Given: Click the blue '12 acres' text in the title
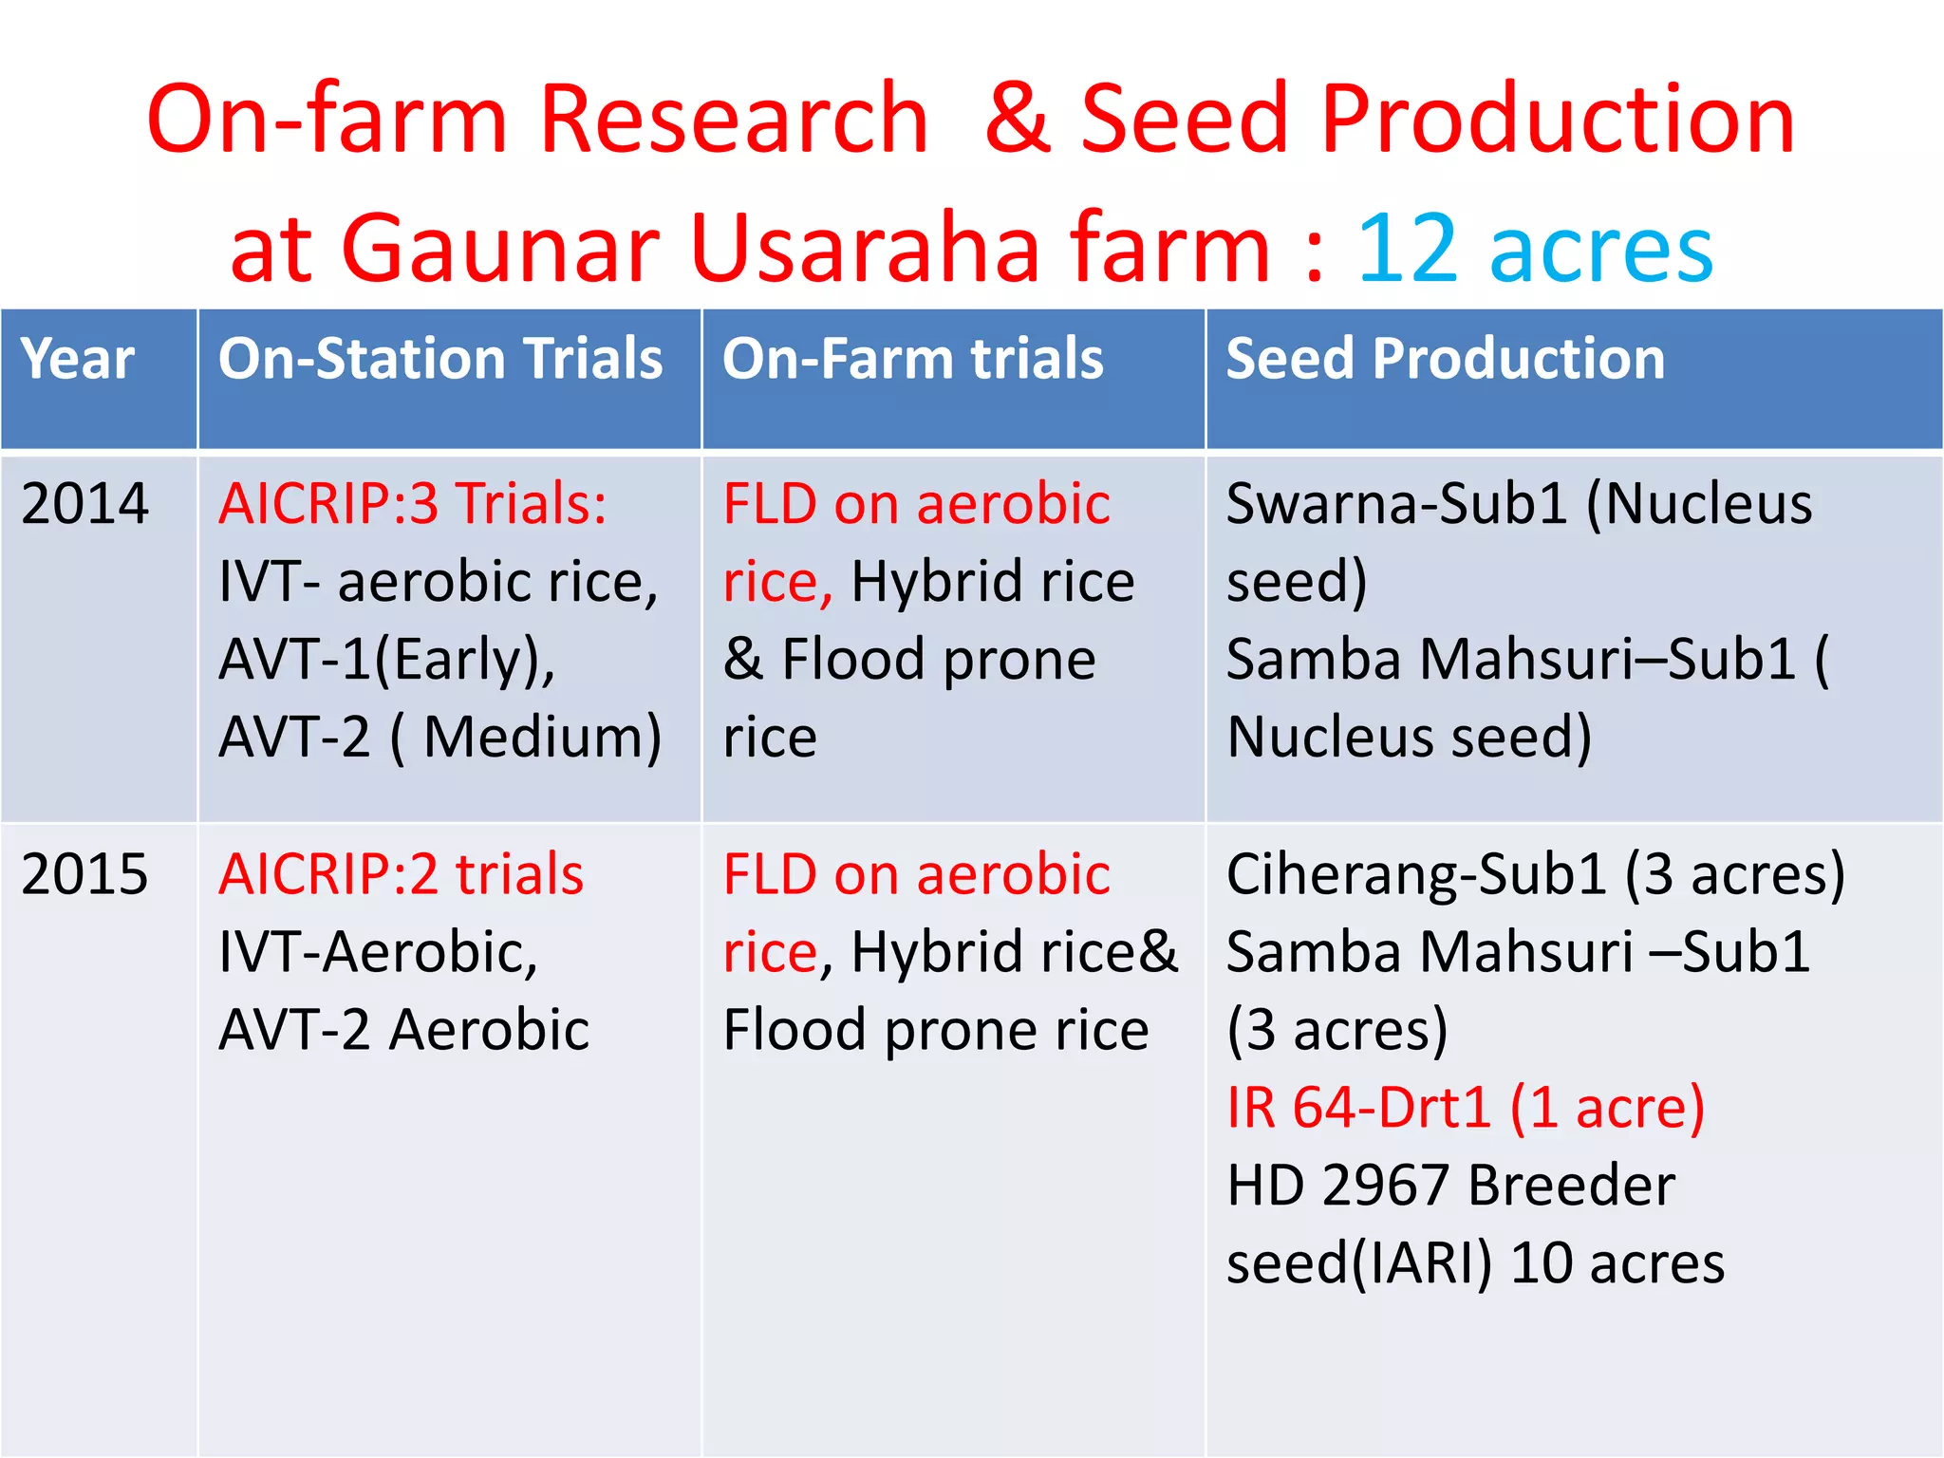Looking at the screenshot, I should click(x=1535, y=249).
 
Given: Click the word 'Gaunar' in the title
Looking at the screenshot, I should click(x=500, y=249).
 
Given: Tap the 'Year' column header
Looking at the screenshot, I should click(x=78, y=359).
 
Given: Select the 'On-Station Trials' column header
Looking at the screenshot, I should click(x=440, y=359).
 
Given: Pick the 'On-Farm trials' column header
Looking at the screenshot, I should click(x=912, y=359).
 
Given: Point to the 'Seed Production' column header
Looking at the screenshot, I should click(x=1445, y=359).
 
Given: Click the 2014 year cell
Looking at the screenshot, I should click(x=84, y=503).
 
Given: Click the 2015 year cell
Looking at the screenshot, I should click(x=84, y=874).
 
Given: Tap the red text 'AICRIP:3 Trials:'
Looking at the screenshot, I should click(x=412, y=503).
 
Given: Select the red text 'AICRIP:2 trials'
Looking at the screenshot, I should click(x=401, y=874).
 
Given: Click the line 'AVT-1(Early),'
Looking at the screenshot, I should click(x=386, y=660).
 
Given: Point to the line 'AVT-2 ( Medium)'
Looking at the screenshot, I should click(x=439, y=738).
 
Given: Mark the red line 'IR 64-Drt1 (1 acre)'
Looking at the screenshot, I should click(x=1465, y=1108).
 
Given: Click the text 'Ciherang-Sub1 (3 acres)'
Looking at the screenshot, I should click(x=1535, y=874).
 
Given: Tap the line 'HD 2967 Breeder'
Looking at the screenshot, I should click(x=1450, y=1186).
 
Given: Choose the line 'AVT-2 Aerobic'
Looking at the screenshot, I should click(x=403, y=1030).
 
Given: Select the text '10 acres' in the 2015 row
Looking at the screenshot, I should click(x=1617, y=1263).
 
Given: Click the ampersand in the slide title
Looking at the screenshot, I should click(x=1017, y=119).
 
